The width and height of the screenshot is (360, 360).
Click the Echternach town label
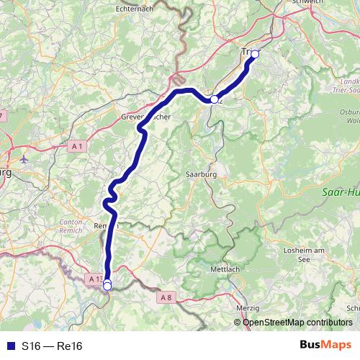(x=136, y=9)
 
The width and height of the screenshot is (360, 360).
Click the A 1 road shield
(x=78, y=146)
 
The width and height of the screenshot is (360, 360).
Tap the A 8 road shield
(x=166, y=297)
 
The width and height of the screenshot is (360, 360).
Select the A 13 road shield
(x=94, y=278)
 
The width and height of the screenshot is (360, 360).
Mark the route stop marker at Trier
(x=254, y=54)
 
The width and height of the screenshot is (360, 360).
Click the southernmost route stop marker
(x=107, y=286)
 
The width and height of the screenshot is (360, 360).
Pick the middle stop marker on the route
(x=214, y=99)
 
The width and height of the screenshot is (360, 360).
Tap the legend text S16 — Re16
(x=53, y=346)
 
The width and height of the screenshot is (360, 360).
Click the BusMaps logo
(x=325, y=345)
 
